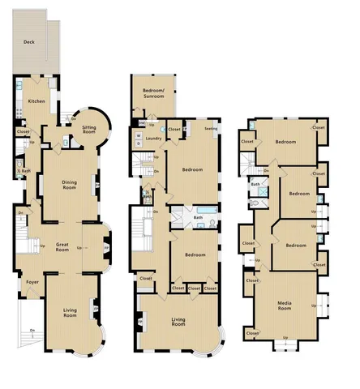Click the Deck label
(x=28, y=41)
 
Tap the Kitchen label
(x=36, y=101)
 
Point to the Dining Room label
(x=70, y=185)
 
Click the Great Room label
(x=66, y=246)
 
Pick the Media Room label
(x=285, y=306)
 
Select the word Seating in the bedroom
(x=211, y=129)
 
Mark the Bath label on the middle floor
(x=198, y=217)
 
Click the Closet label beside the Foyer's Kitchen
(x=23, y=131)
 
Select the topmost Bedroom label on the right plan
(x=285, y=142)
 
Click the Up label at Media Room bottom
(x=285, y=337)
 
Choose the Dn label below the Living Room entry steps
(x=32, y=330)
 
